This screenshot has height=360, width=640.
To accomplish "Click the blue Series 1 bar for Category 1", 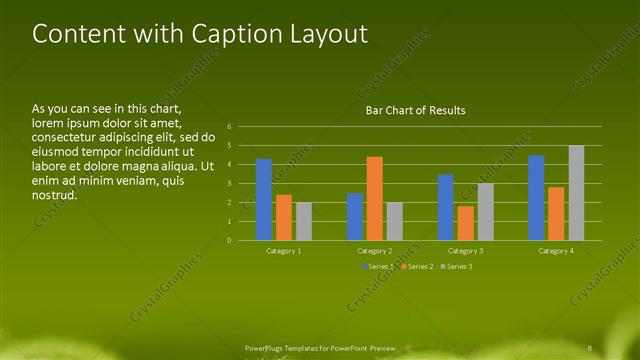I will (x=264, y=199).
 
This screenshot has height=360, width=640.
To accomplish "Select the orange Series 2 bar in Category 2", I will (x=374, y=198).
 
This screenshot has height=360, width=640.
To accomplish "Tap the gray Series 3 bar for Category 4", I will (x=576, y=192).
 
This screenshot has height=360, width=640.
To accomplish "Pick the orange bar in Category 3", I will (x=465, y=222).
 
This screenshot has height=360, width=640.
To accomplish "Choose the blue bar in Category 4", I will (x=536, y=197).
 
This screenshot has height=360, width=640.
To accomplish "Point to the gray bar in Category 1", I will (x=304, y=220).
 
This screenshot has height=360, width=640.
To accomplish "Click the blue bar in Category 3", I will (x=445, y=206).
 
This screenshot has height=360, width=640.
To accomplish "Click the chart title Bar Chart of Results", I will (x=414, y=110).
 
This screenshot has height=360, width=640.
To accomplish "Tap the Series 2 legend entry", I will (x=417, y=267).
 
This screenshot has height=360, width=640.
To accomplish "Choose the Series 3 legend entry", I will (x=457, y=267).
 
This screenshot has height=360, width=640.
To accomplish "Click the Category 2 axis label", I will (x=374, y=251).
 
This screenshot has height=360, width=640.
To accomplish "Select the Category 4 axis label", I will (x=556, y=251).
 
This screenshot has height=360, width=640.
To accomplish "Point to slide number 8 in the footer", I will (x=590, y=347).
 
